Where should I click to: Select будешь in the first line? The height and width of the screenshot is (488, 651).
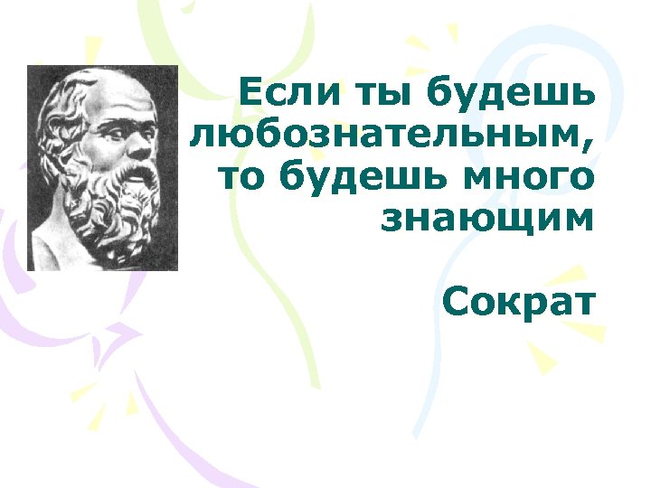[x=509, y=93]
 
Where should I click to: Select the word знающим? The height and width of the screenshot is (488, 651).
[x=488, y=219]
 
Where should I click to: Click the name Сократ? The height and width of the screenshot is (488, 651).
[x=520, y=302]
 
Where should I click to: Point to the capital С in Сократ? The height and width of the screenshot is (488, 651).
[x=456, y=302]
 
